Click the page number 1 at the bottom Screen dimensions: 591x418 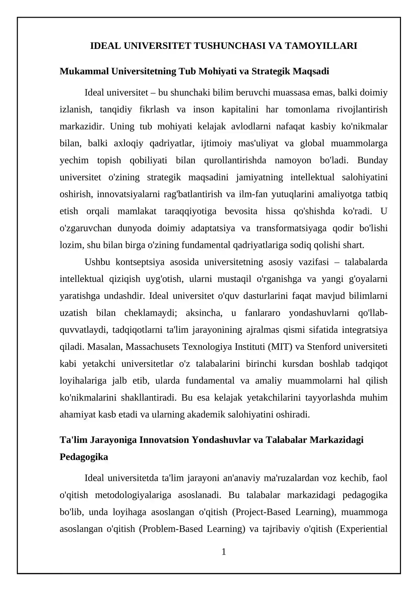(x=224, y=552)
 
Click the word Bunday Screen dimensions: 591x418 (x=372, y=160)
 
